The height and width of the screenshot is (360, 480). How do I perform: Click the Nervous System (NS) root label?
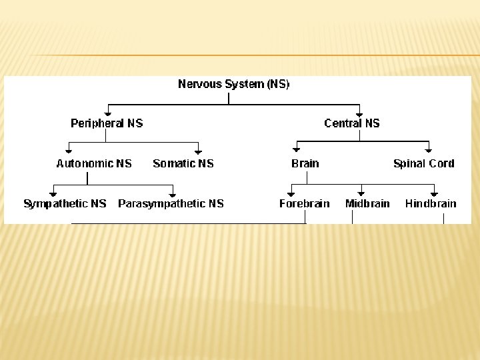point(233,85)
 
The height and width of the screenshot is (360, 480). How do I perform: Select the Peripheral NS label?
point(107,123)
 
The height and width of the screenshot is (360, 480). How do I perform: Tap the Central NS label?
point(351,123)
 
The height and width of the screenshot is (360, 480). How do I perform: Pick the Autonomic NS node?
point(94,163)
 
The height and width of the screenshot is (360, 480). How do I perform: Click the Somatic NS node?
point(183,163)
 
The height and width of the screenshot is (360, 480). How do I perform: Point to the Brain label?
point(305,163)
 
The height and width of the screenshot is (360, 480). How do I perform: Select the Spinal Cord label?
point(423,163)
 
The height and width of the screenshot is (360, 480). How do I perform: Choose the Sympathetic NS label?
point(65,204)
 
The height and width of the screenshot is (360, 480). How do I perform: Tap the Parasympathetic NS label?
point(171,204)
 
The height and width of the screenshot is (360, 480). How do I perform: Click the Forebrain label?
point(304,204)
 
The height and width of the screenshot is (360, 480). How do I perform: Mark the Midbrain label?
point(367,204)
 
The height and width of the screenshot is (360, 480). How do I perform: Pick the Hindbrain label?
point(431,204)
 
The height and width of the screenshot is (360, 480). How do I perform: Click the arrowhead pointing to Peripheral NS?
point(108,113)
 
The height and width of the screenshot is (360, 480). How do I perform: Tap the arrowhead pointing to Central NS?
point(359,113)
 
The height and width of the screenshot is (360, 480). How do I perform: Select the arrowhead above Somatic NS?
point(198,153)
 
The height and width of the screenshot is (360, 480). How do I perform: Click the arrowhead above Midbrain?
point(361,193)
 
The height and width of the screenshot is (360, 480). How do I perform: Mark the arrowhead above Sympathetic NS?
point(53,194)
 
